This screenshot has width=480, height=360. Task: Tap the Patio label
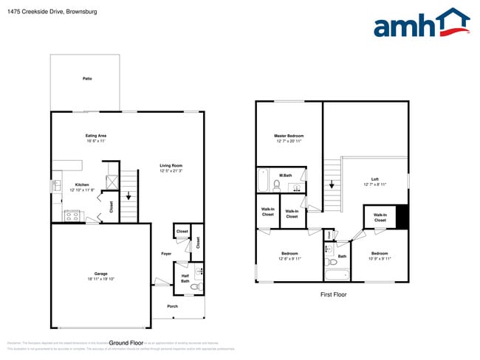(x=87, y=79)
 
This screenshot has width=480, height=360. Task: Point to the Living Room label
(x=171, y=165)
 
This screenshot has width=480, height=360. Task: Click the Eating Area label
(x=96, y=136)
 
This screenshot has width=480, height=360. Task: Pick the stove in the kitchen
(x=72, y=216)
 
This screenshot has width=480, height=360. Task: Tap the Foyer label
(x=167, y=254)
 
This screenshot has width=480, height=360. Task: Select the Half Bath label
(x=185, y=278)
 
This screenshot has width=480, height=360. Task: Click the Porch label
(x=172, y=308)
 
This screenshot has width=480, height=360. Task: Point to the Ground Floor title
(x=126, y=342)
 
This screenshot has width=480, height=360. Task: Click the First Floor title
(x=333, y=294)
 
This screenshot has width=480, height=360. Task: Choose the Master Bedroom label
(x=289, y=136)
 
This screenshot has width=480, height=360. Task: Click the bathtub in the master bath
(x=264, y=181)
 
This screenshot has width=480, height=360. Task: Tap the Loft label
(x=374, y=179)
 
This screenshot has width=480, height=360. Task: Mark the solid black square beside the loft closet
(x=402, y=217)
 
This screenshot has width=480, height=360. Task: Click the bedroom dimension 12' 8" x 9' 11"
(x=289, y=259)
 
